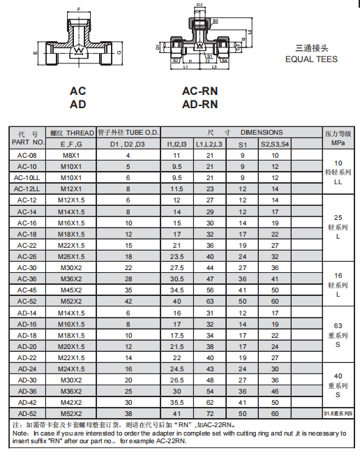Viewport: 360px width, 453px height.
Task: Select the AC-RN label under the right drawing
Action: (200, 91)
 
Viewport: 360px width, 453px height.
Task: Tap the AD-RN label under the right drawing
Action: (200, 105)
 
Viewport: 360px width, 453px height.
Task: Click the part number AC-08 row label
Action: (27, 155)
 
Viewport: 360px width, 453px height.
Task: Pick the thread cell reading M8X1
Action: (71, 155)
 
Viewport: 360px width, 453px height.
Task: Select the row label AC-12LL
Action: (27, 188)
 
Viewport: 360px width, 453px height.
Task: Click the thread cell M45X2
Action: (71, 290)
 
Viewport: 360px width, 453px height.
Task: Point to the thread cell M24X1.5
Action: (71, 369)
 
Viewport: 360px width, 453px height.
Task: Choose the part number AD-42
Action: (27, 402)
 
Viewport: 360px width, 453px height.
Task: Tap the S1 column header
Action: (243, 144)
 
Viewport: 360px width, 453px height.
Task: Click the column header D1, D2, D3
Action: (128, 144)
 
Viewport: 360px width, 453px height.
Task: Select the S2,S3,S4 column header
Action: (275, 144)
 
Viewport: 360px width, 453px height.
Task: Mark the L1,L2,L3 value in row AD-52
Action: (209, 413)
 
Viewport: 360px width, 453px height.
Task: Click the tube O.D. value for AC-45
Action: (128, 290)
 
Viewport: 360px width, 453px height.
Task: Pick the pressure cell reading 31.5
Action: (338, 413)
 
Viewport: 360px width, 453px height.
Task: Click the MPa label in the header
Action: (338, 143)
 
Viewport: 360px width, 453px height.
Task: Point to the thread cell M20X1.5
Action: (71, 346)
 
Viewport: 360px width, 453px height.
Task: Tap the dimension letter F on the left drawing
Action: (78, 9)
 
